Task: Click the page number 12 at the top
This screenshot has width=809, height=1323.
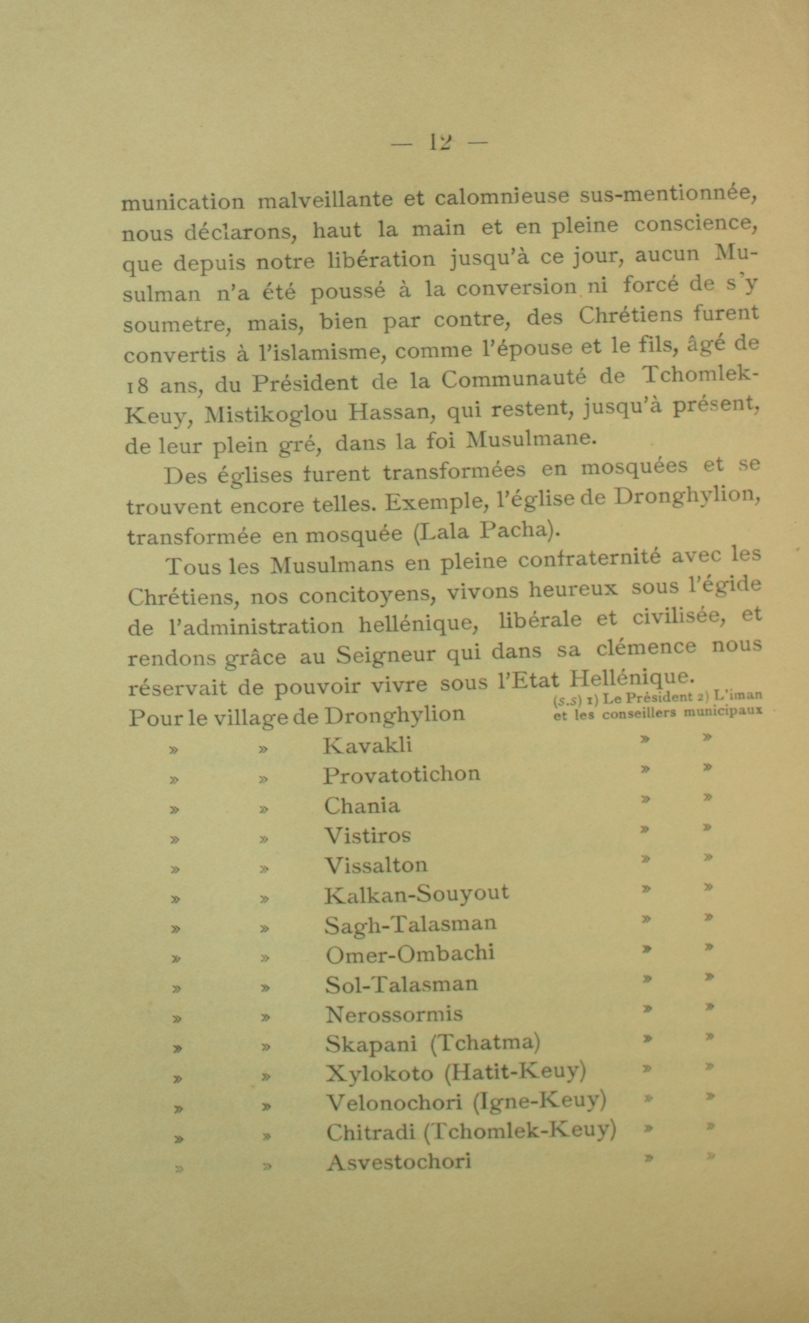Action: click(440, 142)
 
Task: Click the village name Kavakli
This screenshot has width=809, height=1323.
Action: click(367, 744)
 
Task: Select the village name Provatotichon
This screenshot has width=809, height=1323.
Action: click(402, 774)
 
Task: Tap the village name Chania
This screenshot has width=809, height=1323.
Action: click(362, 805)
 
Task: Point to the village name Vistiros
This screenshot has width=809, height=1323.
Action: click(367, 835)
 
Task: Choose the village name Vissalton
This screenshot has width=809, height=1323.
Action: click(376, 865)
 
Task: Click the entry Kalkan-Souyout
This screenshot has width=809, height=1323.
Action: click(417, 894)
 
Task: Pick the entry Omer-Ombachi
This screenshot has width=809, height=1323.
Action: click(410, 954)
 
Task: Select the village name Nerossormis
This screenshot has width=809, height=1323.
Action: click(394, 1014)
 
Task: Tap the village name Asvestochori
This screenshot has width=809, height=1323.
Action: click(399, 1162)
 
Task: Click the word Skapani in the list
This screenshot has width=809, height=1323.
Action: click(371, 1043)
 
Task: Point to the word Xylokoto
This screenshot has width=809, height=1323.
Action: click(379, 1074)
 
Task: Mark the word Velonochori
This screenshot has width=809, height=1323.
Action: click(394, 1102)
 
